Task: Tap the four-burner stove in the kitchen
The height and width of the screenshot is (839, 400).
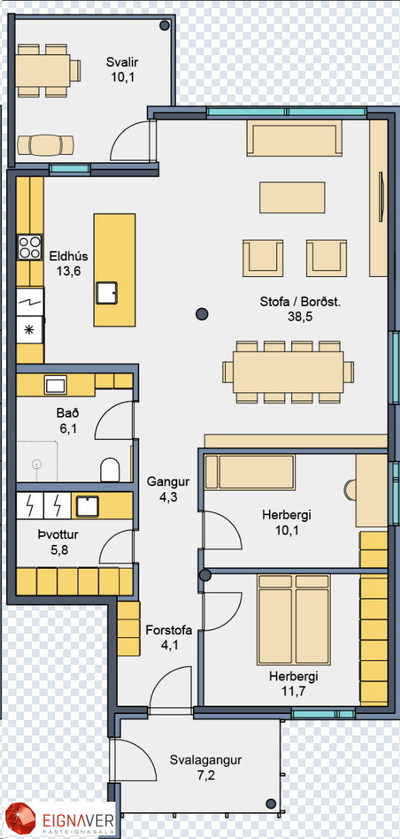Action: coord(30,247)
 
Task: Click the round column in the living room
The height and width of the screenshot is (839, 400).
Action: coord(201,313)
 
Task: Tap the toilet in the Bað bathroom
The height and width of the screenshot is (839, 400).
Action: coord(110,469)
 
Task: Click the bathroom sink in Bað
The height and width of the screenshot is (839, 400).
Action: coord(56,385)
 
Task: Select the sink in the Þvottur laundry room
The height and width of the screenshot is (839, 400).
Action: coord(87,505)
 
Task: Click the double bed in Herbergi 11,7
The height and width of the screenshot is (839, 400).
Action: coord(293,612)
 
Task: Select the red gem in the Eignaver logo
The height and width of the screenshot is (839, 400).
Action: coord(20,819)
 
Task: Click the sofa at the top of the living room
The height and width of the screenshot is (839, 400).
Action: coord(294,138)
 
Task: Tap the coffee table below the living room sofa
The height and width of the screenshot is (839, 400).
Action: coord(293,197)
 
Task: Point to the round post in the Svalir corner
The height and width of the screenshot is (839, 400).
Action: coord(165,25)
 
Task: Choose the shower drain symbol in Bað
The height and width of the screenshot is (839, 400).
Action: coord(36,464)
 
